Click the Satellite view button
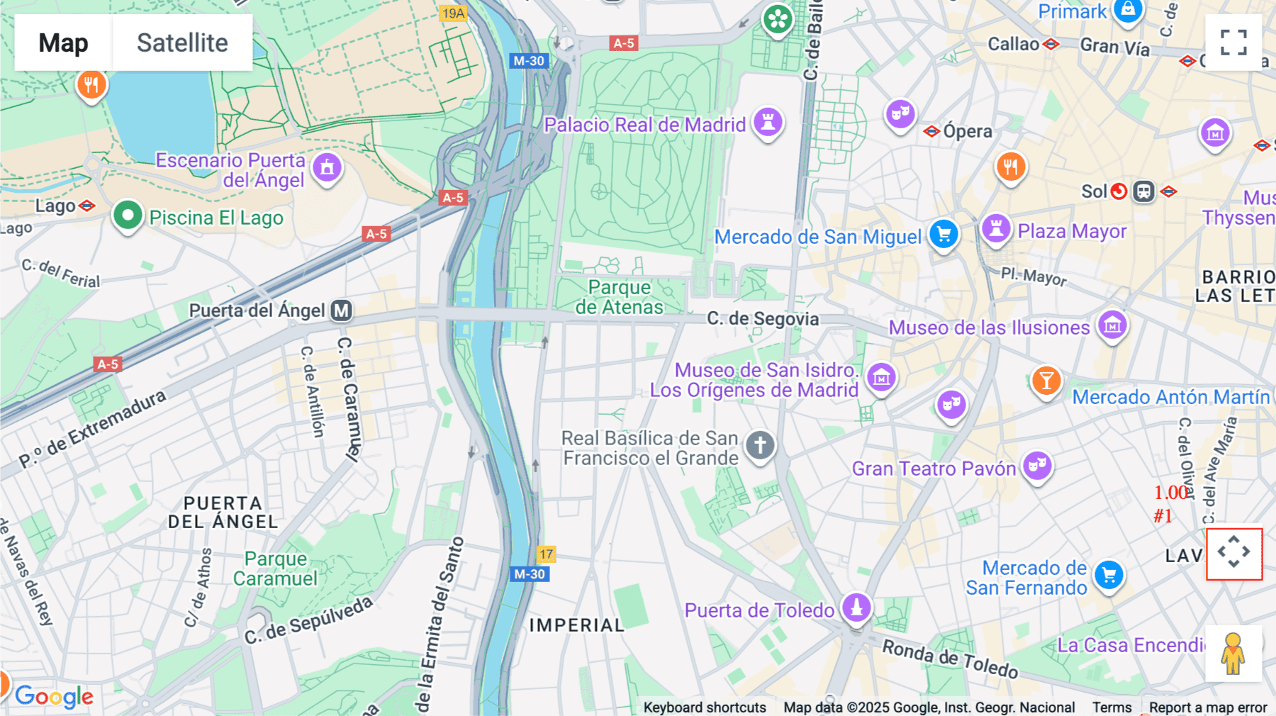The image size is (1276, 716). pos(182,43)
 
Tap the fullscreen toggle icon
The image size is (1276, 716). pos(1233,43)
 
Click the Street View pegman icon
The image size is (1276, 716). pos(1233,653)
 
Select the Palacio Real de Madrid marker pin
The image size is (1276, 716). pos(768,122)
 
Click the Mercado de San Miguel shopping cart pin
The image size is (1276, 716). pos(944,234)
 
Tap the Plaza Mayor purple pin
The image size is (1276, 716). pos(996,228)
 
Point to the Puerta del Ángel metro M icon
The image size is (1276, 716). pos(342,311)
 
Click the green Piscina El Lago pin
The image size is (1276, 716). pos(128,215)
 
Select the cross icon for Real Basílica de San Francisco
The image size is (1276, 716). pos(760,446)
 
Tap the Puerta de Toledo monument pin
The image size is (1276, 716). pos(856,608)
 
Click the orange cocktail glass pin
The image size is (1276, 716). pos(1046,381)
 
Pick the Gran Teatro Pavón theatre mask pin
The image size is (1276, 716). pos(1037,466)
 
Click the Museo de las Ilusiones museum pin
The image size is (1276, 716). pos(1112,325)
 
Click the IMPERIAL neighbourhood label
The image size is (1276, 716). pos(576,625)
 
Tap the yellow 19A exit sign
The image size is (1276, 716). pos(453,13)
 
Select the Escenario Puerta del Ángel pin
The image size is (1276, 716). pos(327,168)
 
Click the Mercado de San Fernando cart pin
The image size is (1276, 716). pos(1109,575)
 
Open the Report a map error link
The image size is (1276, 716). pos(1208,707)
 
